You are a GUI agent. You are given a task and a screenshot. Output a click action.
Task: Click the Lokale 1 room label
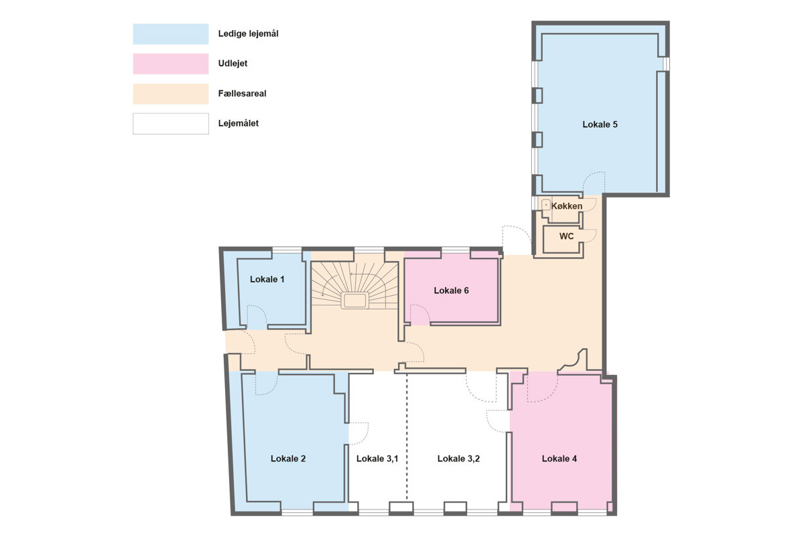[x=267, y=279]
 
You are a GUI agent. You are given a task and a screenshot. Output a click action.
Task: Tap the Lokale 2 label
[x=288, y=459]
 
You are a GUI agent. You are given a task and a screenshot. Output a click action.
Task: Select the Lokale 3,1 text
[x=377, y=459]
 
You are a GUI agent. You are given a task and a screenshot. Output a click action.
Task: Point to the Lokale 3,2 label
[x=458, y=459]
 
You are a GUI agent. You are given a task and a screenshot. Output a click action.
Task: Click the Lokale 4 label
[x=559, y=459]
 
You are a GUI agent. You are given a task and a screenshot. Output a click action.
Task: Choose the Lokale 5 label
[x=600, y=125]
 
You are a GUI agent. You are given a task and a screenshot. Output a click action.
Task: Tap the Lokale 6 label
[x=451, y=290]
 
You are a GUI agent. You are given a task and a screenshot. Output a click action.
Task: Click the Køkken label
[x=567, y=206]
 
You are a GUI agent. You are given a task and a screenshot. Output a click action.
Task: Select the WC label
[x=566, y=236]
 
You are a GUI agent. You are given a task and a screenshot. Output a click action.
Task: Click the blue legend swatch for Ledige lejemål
[x=171, y=34]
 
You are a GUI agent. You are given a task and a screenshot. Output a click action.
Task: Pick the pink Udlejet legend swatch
[x=171, y=64]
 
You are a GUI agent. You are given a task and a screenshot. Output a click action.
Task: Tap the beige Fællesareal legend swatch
[x=171, y=94]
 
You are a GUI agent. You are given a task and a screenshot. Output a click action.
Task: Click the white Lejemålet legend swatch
[x=171, y=124]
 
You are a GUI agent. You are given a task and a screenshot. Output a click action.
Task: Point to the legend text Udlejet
[x=232, y=64]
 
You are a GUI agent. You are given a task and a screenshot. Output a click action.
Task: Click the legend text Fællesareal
[x=243, y=94]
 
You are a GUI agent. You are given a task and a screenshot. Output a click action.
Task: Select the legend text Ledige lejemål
[x=249, y=33]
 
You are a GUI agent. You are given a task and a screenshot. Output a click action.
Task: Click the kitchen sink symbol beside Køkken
[x=546, y=205]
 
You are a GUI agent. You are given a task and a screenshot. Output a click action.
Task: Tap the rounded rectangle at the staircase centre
[x=354, y=301]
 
